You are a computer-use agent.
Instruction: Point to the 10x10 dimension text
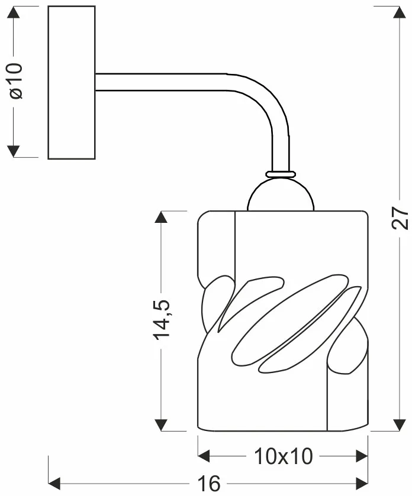pos(284,456)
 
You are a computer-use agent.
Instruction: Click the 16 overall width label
pos(209,484)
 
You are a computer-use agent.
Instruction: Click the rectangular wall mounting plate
pos(72,82)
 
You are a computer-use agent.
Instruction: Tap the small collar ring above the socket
pos(281,174)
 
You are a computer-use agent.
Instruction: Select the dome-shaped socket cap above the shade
pos(281,194)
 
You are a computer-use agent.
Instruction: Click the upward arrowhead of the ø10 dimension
pos(13,12)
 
